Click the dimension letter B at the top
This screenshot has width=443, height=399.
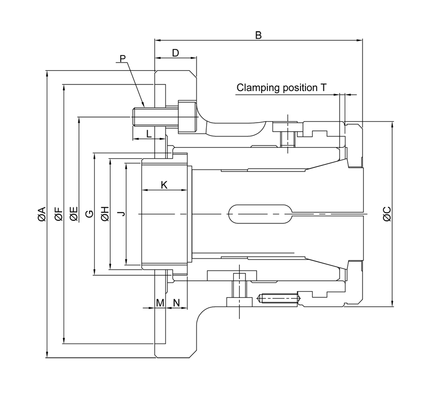[x=258, y=35]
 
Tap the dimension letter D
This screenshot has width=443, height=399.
[x=175, y=53]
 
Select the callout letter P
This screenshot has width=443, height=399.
[x=122, y=58]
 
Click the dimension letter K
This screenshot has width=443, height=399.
[x=164, y=185]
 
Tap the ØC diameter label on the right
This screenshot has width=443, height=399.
[x=387, y=214]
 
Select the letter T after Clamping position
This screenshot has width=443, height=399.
[x=323, y=88]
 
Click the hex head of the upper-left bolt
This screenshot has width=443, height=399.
[x=186, y=117]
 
